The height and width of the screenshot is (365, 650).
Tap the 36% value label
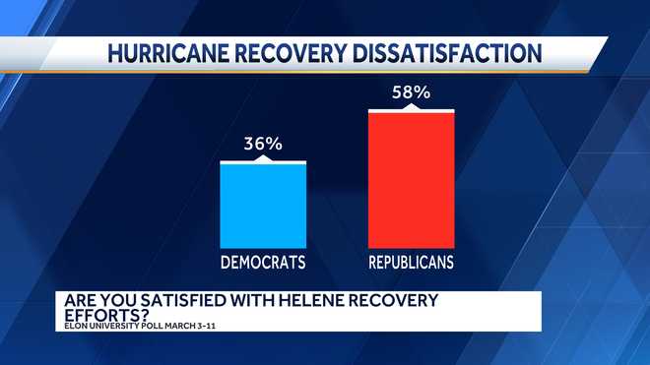263,145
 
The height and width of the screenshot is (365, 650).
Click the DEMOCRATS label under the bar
263,263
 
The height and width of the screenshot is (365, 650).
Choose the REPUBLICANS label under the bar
412,263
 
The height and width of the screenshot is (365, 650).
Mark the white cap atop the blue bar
263,161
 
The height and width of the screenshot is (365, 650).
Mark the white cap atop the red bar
412,110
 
